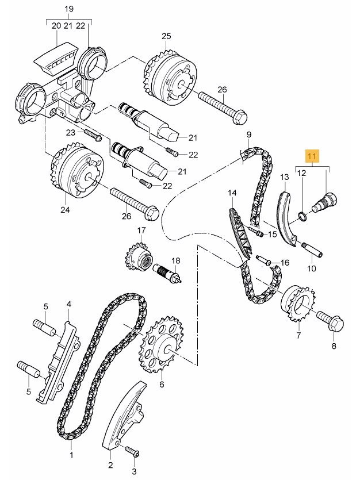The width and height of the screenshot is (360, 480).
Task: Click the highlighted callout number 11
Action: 312,156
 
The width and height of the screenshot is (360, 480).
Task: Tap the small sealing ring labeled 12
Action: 302,216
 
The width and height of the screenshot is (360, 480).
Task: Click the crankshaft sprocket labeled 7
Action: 296,303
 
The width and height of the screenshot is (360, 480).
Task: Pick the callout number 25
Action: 166,36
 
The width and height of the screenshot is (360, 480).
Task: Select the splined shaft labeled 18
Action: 167,272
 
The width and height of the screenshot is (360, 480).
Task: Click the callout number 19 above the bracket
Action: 70,9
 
